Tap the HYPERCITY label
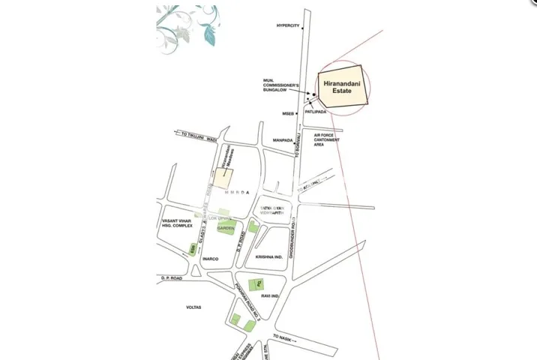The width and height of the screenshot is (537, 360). click(288, 25)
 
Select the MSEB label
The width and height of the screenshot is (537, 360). click(289, 113)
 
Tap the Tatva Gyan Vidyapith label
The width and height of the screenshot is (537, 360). click(274, 210)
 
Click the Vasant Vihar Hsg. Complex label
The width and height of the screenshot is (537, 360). click(177, 225)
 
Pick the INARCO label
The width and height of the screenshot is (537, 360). click(209, 259)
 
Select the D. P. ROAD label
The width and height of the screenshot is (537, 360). click(172, 277)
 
